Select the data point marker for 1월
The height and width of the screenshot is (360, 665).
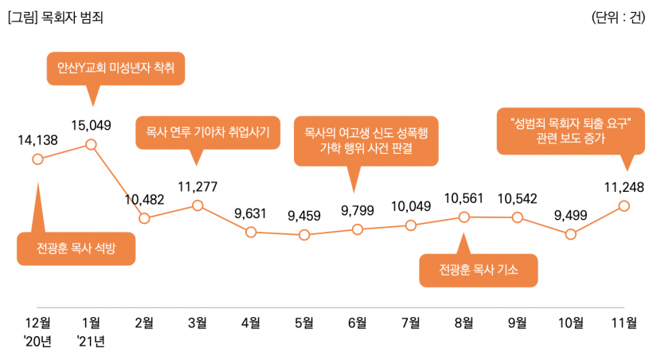click(91, 144)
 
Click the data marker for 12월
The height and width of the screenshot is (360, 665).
click(37, 159)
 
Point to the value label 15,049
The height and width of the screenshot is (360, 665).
click(91, 125)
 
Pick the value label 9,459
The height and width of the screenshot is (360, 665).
click(303, 214)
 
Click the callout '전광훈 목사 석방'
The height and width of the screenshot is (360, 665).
click(76, 248)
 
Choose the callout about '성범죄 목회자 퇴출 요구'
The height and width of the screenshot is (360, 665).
click(570, 131)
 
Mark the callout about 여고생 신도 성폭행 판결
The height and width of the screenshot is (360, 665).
click(366, 141)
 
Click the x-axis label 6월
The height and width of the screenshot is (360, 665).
click(357, 323)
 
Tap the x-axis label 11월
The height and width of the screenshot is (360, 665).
click(623, 323)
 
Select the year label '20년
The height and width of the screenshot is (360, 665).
click(37, 342)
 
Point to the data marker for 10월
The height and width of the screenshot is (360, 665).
click(570, 234)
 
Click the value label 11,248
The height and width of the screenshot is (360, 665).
click(624, 188)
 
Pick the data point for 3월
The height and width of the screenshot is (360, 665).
click(198, 206)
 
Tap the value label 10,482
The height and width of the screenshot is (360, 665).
click(144, 199)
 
